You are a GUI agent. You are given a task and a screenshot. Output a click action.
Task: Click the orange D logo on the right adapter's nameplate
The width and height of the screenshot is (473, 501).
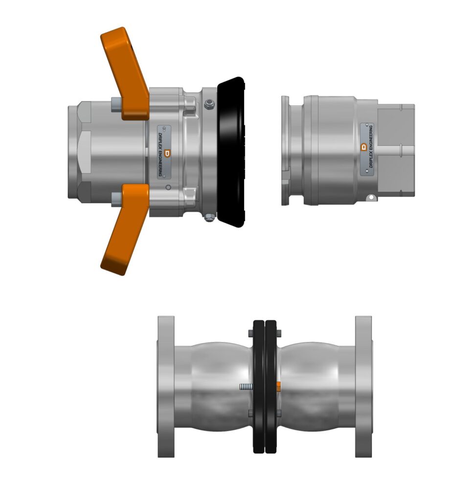coord(363,146)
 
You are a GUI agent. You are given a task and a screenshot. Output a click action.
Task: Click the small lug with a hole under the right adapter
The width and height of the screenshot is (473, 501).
coord(371,198)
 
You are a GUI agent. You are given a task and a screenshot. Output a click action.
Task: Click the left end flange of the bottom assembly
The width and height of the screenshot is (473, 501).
coord(166,387)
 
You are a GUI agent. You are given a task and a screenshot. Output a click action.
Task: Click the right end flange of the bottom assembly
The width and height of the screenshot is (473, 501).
coord(363,387)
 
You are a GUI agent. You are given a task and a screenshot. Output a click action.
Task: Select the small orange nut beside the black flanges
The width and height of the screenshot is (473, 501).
coord(278,386)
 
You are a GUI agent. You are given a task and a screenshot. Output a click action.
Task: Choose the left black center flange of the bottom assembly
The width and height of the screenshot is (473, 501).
coord(258,387)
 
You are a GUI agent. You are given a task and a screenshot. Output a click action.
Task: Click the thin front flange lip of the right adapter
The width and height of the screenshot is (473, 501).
coord(285,149)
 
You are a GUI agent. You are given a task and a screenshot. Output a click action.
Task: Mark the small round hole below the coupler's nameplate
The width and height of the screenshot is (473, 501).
coord(168,187)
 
